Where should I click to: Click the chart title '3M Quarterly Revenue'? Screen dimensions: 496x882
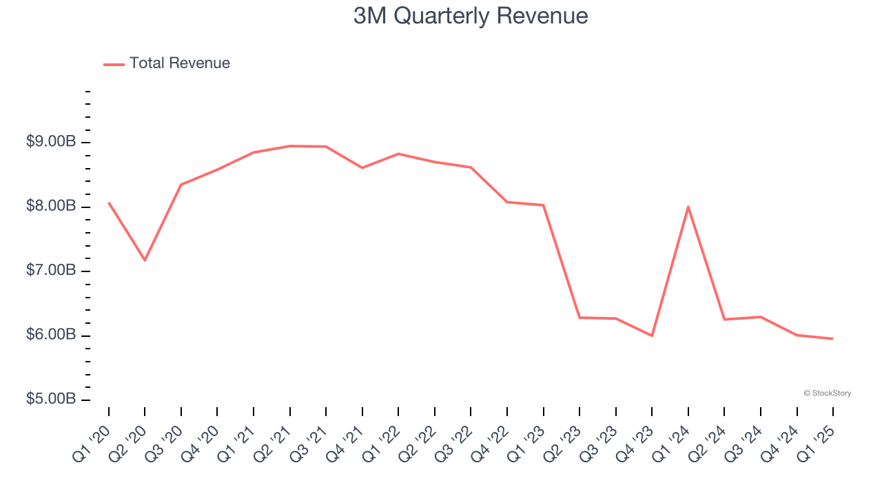pos(471,16)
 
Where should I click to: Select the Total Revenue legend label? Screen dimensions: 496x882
pos(179,63)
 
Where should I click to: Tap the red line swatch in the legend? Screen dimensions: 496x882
pos(114,64)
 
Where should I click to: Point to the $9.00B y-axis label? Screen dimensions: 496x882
pos(51,142)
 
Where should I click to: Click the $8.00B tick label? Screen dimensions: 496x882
pos(51,206)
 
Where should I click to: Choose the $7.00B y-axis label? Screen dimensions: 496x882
pos(51,271)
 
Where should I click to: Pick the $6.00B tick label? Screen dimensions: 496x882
pos(51,335)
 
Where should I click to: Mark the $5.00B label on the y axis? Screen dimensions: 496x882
pos(51,400)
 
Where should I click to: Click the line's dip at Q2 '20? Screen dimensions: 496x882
pos(145,260)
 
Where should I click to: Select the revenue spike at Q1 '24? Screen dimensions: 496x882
pos(688,207)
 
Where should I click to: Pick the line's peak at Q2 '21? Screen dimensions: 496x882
pos(290,146)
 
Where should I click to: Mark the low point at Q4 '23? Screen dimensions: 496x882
pos(652,335)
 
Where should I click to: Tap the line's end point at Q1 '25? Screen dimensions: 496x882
pos(832,338)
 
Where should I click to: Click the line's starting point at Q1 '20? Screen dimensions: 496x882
pos(109,203)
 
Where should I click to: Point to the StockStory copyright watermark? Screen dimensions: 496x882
pos(827,393)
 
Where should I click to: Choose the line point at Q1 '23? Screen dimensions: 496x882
pos(544,205)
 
